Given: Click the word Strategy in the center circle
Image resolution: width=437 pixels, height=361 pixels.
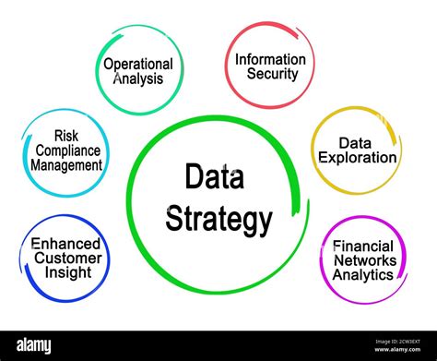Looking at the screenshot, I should tap(218, 220).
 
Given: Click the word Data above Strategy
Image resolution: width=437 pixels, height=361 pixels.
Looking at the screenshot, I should tap(214, 176).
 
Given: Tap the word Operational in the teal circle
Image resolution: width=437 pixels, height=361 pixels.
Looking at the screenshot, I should tap(138, 64).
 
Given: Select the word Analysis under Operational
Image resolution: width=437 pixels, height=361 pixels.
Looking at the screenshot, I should tap(138, 78).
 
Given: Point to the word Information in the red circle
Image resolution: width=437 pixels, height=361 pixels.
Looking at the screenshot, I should tap(269, 59).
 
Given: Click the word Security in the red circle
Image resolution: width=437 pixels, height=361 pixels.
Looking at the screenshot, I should tap(269, 74).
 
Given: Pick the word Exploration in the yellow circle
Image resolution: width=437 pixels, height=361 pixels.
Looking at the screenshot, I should tap(357, 157).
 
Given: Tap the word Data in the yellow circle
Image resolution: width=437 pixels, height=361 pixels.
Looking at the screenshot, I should tap(355, 143).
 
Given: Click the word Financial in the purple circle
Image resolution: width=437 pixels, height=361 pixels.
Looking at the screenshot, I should tap(363, 246).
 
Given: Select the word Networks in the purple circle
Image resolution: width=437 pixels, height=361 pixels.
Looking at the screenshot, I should tap(363, 260).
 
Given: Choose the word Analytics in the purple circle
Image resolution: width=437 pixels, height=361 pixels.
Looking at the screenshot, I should tap(363, 274).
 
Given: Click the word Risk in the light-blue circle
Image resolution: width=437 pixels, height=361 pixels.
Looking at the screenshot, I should tap(66, 135).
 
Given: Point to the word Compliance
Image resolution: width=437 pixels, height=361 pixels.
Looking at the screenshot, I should tap(65, 150).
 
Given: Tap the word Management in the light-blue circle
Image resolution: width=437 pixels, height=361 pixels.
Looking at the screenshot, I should tap(65, 165).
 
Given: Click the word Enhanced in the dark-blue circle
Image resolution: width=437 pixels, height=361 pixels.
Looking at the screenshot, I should tap(65, 244).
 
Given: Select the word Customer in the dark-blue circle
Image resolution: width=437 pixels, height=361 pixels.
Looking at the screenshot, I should tap(65, 259).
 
